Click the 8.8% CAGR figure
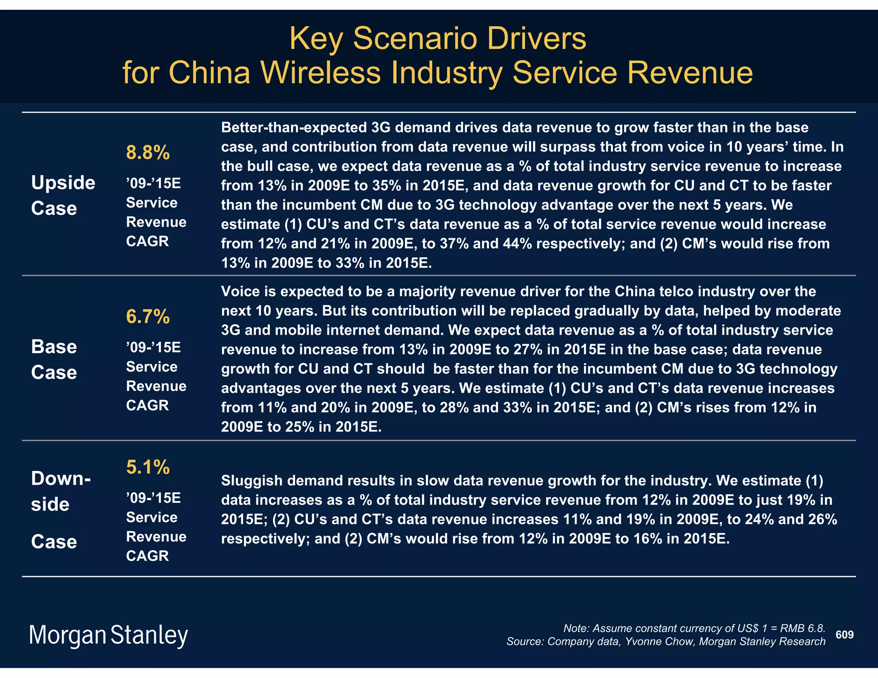click(x=148, y=153)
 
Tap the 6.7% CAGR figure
click(x=148, y=317)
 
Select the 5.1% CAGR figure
click(x=148, y=467)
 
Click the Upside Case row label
click(x=63, y=195)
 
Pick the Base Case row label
click(x=54, y=359)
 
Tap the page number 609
click(x=845, y=635)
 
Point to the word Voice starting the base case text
click(x=240, y=291)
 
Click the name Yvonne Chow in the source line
click(x=658, y=642)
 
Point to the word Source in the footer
click(x=524, y=642)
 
